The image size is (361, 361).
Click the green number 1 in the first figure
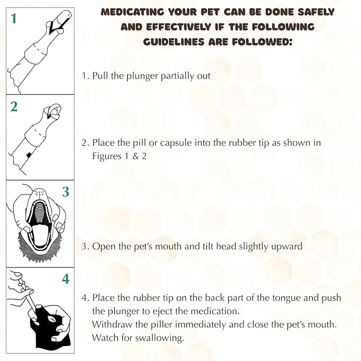tap(14, 19)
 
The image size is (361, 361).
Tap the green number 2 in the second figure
tap(14, 107)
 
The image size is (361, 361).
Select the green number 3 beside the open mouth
tap(65, 191)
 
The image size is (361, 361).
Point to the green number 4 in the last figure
tap(65, 279)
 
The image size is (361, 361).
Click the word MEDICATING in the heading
tap(132, 12)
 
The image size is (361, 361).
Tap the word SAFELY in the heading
tap(316, 12)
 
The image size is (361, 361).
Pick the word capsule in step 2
tap(176, 143)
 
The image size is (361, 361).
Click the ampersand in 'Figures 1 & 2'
tap(136, 156)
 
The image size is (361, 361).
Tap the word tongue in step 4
tap(287, 298)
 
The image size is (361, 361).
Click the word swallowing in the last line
tap(159, 338)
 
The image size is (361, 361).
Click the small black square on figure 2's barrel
tap(29, 155)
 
